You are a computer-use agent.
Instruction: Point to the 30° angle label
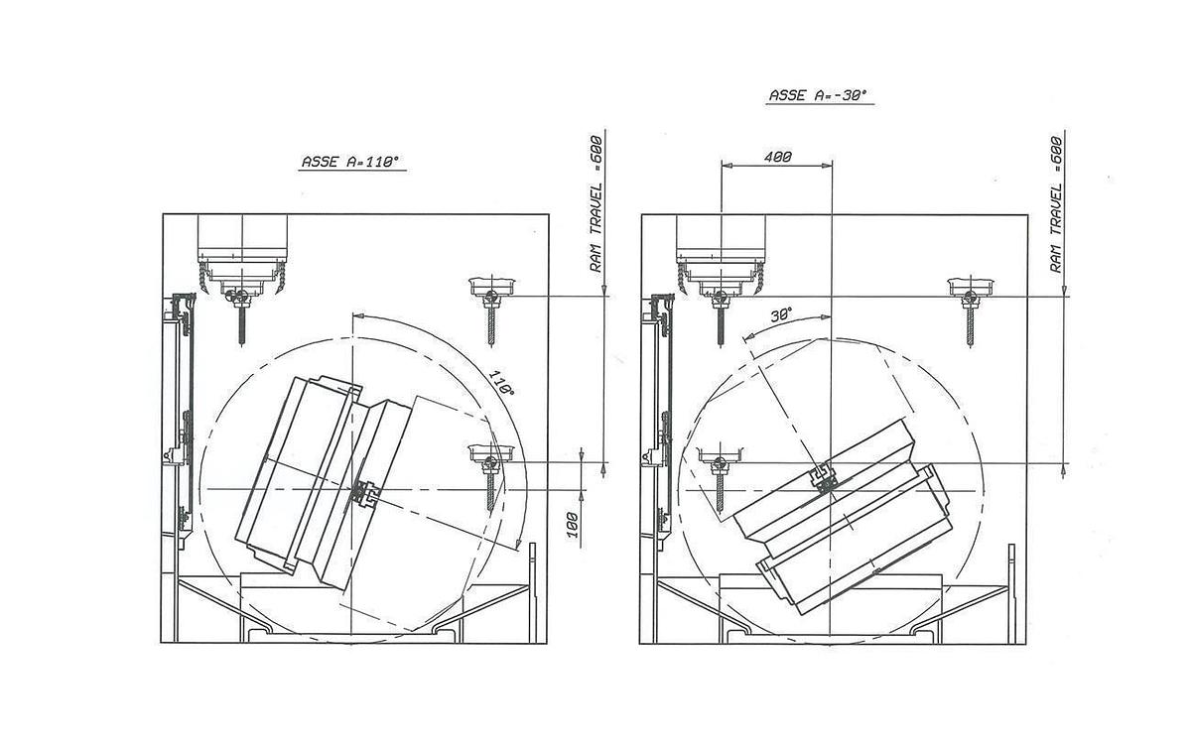coord(781,315)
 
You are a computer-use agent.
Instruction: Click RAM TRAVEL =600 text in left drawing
coord(595,202)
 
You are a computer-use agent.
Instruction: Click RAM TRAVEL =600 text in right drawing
coord(1058,202)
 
